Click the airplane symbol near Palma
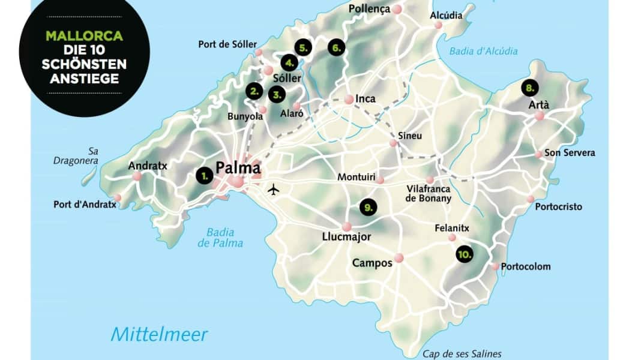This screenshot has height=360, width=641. [274, 190]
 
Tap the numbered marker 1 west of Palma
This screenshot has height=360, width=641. [204, 176]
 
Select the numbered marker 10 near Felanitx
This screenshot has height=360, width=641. [463, 254]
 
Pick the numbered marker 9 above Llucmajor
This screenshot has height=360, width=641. [368, 207]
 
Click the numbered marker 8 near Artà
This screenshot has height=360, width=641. [529, 88]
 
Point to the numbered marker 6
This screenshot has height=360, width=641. [336, 47]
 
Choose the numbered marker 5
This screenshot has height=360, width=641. [303, 47]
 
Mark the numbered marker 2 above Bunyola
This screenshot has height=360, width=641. [254, 91]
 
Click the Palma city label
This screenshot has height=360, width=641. [238, 167]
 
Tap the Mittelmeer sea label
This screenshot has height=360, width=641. [159, 334]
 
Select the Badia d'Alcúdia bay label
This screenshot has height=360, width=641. [483, 52]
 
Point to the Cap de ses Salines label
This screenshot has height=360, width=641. [462, 354]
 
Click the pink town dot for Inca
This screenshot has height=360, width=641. [349, 100]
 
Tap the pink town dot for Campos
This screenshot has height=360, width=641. [399, 259]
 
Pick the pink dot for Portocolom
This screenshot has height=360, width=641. [495, 266]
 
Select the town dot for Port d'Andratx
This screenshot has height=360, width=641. [117, 197]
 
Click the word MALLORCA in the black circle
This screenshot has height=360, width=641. [84, 36]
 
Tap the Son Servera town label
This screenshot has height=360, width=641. [570, 153]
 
